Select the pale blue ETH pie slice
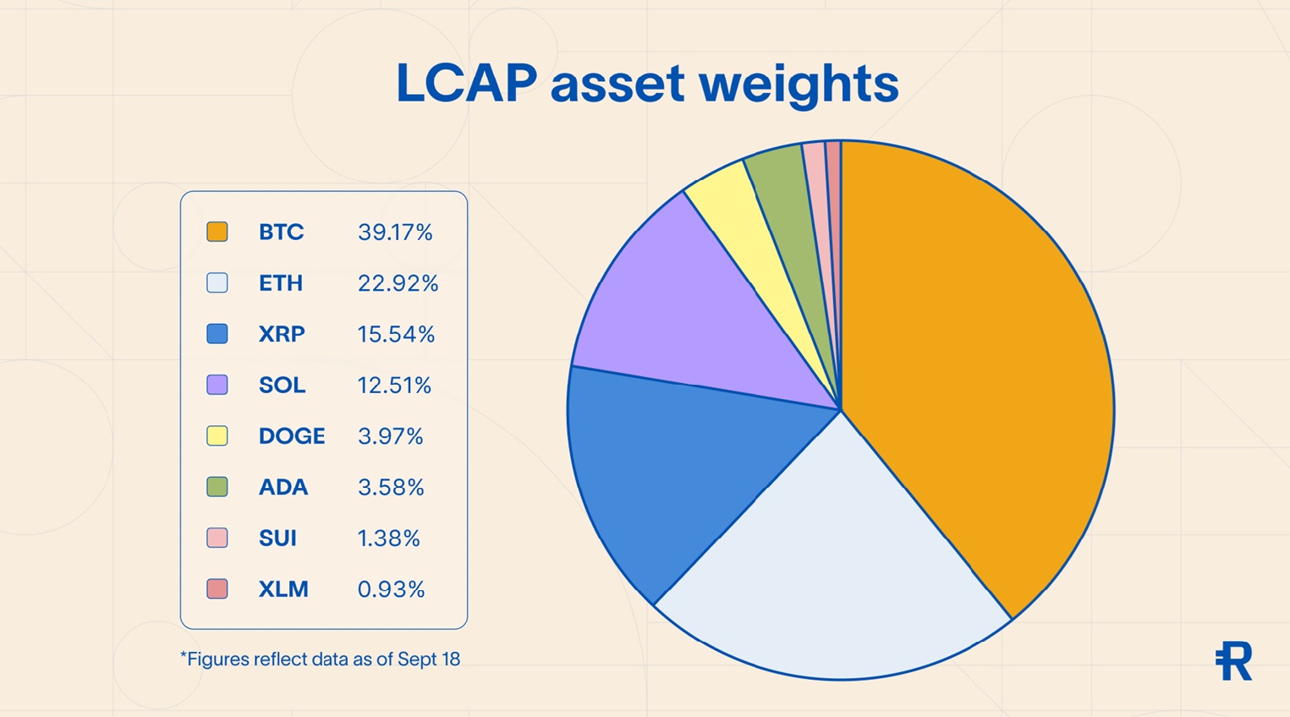tap(837, 575)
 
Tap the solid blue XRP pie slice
tap(685, 473)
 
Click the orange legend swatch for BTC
tap(217, 232)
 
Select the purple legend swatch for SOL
tap(217, 385)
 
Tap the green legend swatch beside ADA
tap(217, 487)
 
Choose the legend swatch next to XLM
tap(217, 588)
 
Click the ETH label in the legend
tap(281, 283)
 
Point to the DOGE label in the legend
tap(292, 436)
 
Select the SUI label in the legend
tap(277, 539)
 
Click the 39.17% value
tap(395, 233)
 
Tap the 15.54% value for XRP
tap(396, 335)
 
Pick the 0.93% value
tap(391, 589)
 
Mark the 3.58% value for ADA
tap(391, 488)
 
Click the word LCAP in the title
tap(466, 84)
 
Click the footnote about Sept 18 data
tap(320, 660)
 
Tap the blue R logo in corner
tap(1233, 661)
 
